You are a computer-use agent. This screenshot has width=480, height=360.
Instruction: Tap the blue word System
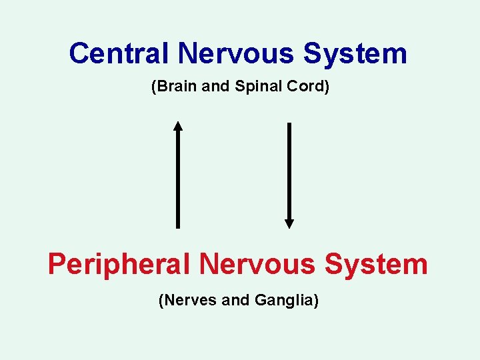click(355, 53)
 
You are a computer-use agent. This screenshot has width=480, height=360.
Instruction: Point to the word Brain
click(175, 87)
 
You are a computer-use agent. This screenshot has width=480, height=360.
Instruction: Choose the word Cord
click(307, 87)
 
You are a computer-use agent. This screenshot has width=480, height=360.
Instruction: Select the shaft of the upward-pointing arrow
click(177, 180)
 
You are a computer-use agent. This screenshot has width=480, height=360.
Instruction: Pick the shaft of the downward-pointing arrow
click(289, 170)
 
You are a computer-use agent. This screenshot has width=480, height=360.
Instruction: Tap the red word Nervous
click(257, 265)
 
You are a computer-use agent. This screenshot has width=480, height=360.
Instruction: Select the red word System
click(376, 265)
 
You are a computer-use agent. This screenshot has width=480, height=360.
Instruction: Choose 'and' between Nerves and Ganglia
click(235, 301)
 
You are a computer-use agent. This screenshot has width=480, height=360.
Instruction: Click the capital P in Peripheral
click(57, 264)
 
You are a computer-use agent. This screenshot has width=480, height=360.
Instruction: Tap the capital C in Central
click(79, 53)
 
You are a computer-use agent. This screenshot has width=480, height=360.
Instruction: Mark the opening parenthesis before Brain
click(155, 87)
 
